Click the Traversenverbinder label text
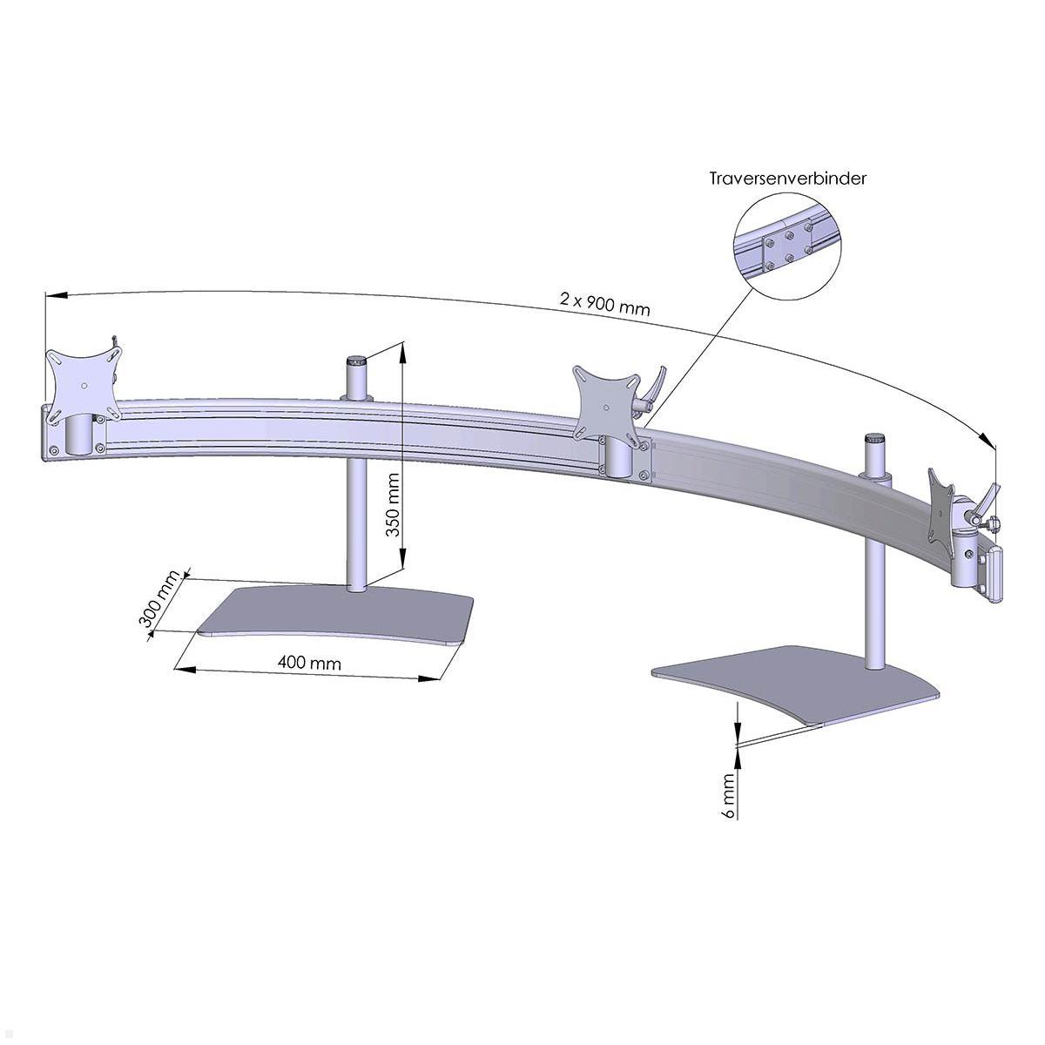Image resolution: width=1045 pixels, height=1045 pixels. [x=787, y=179]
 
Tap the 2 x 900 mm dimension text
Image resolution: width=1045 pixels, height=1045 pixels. [x=604, y=303]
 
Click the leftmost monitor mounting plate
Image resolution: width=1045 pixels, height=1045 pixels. [x=83, y=385]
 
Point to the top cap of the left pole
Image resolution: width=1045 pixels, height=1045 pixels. [x=356, y=360]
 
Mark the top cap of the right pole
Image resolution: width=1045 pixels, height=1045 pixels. [x=873, y=437]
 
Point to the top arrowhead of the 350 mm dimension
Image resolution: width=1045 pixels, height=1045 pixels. [x=401, y=352]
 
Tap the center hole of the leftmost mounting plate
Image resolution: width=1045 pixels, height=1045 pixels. [x=83, y=386]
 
